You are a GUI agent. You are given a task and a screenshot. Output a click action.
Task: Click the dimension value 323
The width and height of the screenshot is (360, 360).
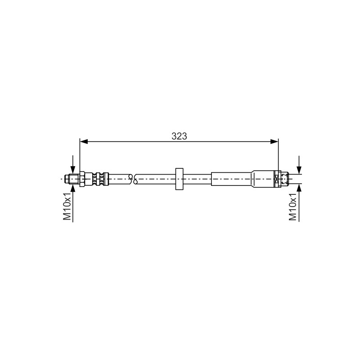[179, 136]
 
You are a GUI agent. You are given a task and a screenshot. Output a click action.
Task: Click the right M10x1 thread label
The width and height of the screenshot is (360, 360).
[293, 206]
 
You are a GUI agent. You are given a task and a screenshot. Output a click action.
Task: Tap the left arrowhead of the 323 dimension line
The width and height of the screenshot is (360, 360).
[84, 142]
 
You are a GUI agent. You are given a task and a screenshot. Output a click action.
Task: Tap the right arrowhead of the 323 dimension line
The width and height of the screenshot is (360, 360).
[274, 142]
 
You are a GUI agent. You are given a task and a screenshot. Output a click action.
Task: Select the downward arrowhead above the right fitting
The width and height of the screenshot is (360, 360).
[299, 170]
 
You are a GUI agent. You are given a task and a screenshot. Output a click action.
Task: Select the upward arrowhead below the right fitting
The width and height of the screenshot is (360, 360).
[299, 188]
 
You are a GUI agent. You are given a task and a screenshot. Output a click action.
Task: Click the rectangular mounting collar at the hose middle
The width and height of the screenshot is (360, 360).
[179, 179]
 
